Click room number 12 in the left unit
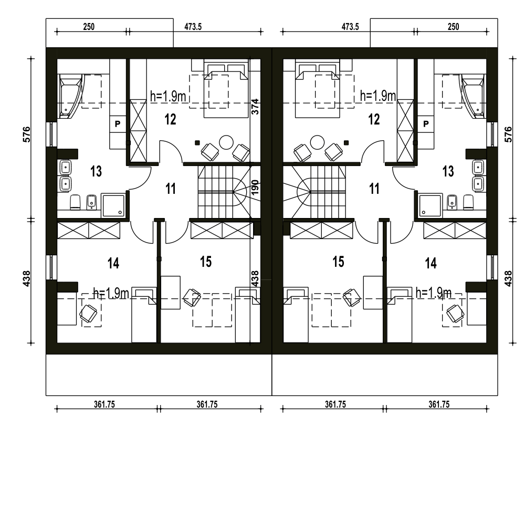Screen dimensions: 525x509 click(171, 119)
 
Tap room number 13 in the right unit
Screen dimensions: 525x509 click(448, 171)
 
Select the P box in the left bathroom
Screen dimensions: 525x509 click(118, 124)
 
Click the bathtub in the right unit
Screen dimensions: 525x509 click(473, 97)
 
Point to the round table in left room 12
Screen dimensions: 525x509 click(226, 142)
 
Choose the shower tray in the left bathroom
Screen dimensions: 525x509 click(113, 205)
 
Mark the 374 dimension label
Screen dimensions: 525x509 click(255, 107)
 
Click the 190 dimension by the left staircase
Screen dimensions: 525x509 click(255, 188)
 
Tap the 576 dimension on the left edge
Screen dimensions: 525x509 click(26, 134)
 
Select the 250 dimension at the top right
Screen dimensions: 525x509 click(454, 27)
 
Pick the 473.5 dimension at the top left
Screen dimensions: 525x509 click(193, 27)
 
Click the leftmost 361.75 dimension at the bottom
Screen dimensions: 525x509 click(104, 404)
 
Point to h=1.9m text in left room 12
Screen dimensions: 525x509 click(168, 97)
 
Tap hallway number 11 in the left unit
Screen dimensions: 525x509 click(171, 189)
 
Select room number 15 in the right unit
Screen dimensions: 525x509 click(338, 262)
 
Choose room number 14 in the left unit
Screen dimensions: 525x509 click(113, 263)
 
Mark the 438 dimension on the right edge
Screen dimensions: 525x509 click(508, 279)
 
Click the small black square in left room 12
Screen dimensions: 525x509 click(197, 143)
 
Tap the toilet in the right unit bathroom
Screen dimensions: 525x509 click(468, 202)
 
